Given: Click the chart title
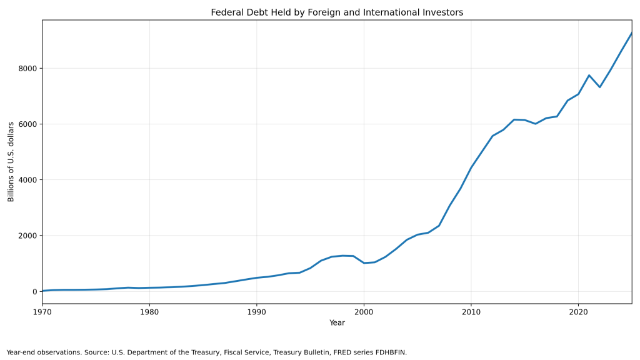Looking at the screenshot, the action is pyautogui.click(x=337, y=12).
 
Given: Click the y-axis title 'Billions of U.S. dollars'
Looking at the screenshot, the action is pyautogui.click(x=11, y=162).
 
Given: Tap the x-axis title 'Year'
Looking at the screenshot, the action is pyautogui.click(x=337, y=323).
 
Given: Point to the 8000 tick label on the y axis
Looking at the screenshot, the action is pyautogui.click(x=27, y=69).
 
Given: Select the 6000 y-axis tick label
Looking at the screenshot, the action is pyautogui.click(x=27, y=124).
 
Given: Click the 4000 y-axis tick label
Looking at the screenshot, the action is pyautogui.click(x=27, y=180).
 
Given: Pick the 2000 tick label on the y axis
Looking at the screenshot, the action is pyautogui.click(x=27, y=236).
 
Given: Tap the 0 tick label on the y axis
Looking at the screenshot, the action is pyautogui.click(x=35, y=291).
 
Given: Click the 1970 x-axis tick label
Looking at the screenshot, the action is pyautogui.click(x=42, y=312).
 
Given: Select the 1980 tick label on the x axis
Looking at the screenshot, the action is pyautogui.click(x=149, y=312).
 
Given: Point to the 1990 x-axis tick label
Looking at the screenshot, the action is pyautogui.click(x=256, y=312).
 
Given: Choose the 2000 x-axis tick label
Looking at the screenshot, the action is pyautogui.click(x=364, y=312).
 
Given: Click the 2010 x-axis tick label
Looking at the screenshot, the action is pyautogui.click(x=471, y=312).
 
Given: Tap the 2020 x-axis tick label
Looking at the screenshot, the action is pyautogui.click(x=578, y=312).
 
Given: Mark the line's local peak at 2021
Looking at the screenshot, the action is pyautogui.click(x=589, y=75).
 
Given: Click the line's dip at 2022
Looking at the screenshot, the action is pyautogui.click(x=599, y=87).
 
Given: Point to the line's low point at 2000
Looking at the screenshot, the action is pyautogui.click(x=364, y=263).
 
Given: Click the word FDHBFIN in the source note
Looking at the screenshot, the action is pyautogui.click(x=393, y=352).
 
